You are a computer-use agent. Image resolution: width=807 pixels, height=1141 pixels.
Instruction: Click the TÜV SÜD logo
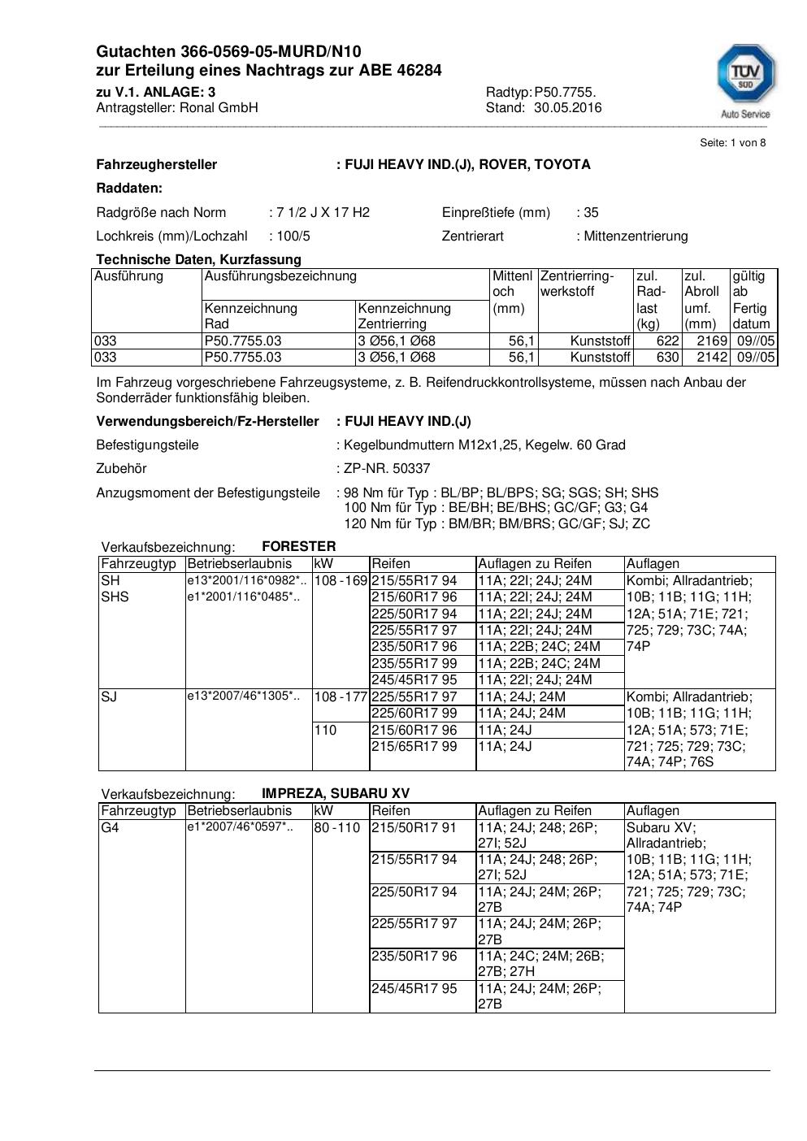pyautogui.click(x=745, y=80)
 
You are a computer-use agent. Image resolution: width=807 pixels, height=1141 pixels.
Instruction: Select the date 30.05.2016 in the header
pyautogui.click(x=567, y=108)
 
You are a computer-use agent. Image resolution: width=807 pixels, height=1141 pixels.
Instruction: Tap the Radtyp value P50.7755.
pyautogui.click(x=565, y=92)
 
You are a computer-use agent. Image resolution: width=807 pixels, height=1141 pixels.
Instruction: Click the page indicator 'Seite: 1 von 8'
pyautogui.click(x=732, y=143)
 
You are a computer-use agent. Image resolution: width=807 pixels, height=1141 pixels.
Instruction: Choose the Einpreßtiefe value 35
pyautogui.click(x=591, y=213)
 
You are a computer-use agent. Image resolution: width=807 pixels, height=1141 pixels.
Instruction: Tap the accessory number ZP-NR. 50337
pyautogui.click(x=387, y=469)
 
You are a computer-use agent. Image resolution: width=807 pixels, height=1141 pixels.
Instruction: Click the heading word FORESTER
pyautogui.click(x=298, y=547)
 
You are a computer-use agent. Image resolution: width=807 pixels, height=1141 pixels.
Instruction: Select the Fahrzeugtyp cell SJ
pyautogui.click(x=109, y=696)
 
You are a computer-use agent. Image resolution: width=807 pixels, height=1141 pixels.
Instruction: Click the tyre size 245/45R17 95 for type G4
pyautogui.click(x=414, y=989)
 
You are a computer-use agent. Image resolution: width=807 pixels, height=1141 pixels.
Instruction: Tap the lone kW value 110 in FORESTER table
pyautogui.click(x=325, y=730)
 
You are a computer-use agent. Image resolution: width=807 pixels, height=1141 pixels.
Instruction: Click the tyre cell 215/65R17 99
pyautogui.click(x=414, y=746)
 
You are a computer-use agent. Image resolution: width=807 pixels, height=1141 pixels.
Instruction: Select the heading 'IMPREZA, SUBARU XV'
pyautogui.click(x=336, y=794)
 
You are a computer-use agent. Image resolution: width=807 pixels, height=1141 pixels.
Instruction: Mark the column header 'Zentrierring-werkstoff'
pyautogui.click(x=577, y=284)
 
